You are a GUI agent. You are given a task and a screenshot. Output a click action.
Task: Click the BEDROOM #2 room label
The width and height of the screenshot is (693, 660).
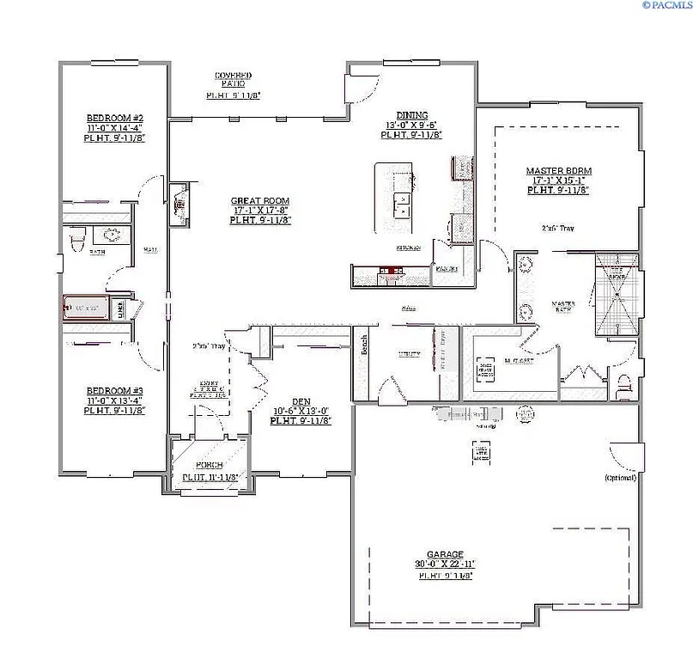[x=114, y=118]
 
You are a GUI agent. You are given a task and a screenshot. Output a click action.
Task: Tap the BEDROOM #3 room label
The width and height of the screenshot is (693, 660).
[x=114, y=390]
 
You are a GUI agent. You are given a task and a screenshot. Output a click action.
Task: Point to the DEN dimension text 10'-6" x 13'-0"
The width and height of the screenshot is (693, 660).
[x=300, y=411]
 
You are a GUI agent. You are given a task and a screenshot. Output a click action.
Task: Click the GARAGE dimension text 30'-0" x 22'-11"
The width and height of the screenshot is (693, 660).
[x=445, y=565]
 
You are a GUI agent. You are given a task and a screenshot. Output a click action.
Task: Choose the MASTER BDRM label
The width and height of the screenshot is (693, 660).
[x=558, y=171]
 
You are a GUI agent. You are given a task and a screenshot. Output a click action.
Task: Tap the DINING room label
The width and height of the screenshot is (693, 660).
[x=411, y=114]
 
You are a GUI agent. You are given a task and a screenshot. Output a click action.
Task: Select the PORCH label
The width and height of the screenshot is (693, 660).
[x=210, y=465]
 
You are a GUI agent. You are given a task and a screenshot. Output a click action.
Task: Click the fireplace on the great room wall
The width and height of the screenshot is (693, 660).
[x=179, y=205]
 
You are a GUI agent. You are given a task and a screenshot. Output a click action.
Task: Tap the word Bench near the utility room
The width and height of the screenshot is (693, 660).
[x=365, y=345]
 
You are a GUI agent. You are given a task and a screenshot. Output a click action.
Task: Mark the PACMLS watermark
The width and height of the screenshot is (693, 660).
[x=666, y=5]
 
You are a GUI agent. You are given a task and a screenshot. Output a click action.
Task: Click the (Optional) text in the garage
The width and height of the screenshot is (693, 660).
[x=621, y=477]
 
